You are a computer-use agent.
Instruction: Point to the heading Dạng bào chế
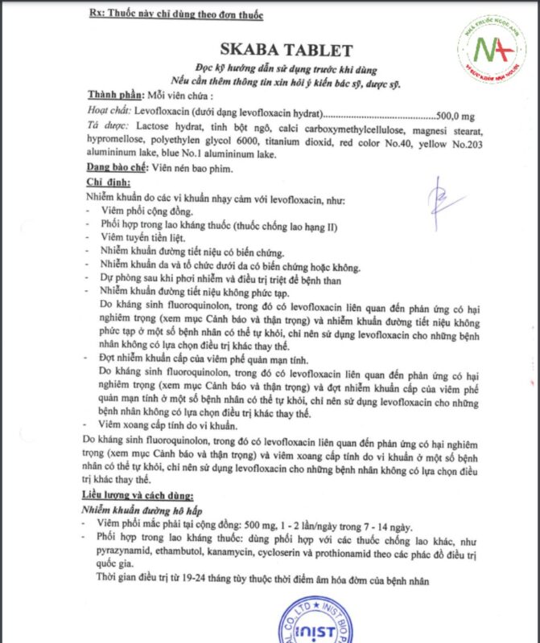tap(117, 168)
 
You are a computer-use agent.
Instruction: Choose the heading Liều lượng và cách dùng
tap(139, 494)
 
